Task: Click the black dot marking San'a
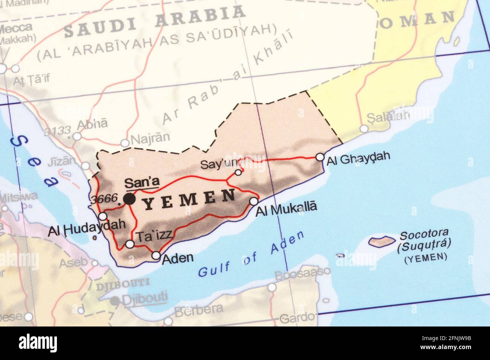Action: point(129,199)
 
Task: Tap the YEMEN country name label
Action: point(190,200)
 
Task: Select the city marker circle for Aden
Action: point(156,256)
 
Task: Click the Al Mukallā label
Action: point(286,208)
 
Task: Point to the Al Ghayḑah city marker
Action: point(320,157)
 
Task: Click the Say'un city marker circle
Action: point(238,172)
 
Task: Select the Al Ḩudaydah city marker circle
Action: point(103,216)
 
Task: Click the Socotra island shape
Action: point(381,241)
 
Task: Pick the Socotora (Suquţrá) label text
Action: point(424,240)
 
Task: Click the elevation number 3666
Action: point(104,199)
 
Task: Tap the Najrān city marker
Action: point(125,143)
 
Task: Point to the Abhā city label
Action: point(92,124)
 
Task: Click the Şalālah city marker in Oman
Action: point(364,129)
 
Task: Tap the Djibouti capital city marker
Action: point(115,301)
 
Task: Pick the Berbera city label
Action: point(199,310)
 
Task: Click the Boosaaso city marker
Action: point(271,288)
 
